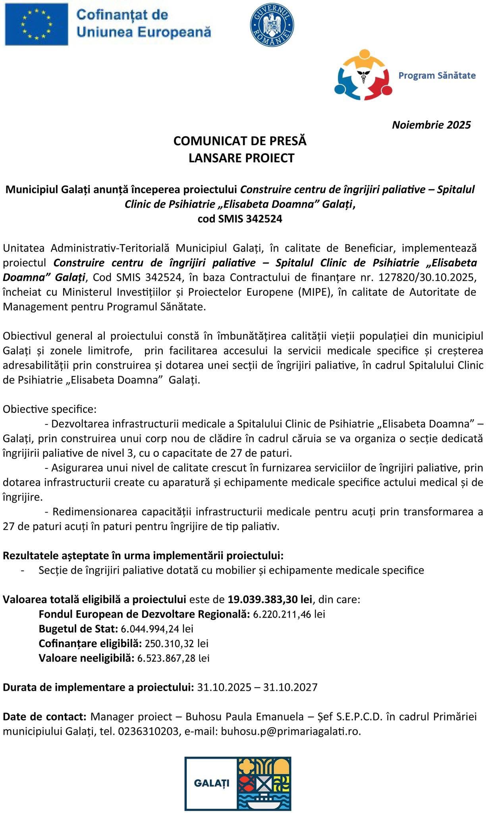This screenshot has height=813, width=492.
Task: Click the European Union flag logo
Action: point(36,24)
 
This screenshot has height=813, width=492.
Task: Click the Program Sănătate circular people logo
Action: point(363,75)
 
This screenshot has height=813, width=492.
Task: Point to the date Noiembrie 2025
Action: point(431,125)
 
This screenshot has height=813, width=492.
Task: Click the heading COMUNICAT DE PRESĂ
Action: point(240,141)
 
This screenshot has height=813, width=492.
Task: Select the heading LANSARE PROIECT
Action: point(241,158)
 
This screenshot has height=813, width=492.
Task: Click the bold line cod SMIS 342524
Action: point(240,219)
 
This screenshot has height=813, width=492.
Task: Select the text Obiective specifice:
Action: point(50,409)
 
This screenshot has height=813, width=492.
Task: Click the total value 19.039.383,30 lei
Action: point(270,599)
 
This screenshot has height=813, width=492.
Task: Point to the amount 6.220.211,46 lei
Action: point(289,614)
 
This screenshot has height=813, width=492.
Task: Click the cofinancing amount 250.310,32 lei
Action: point(176,643)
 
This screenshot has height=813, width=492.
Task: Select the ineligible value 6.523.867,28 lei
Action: point(173,658)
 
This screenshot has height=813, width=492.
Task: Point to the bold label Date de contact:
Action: point(44,717)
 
